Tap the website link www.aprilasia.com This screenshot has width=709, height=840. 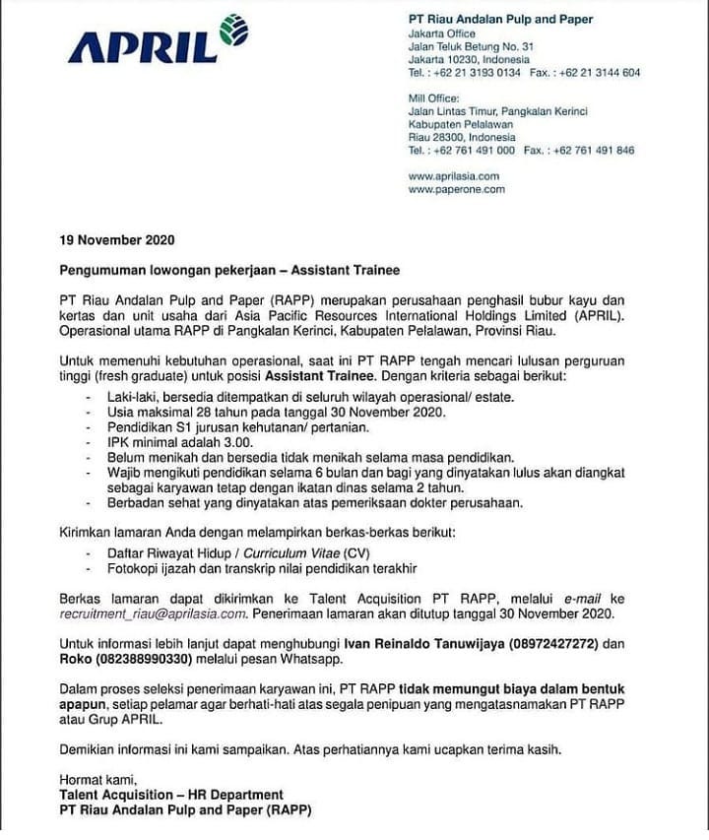[453, 176]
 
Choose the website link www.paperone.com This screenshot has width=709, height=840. [456, 189]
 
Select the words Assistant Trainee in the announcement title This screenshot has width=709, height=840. [345, 269]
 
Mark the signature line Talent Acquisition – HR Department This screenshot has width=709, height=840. [170, 795]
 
